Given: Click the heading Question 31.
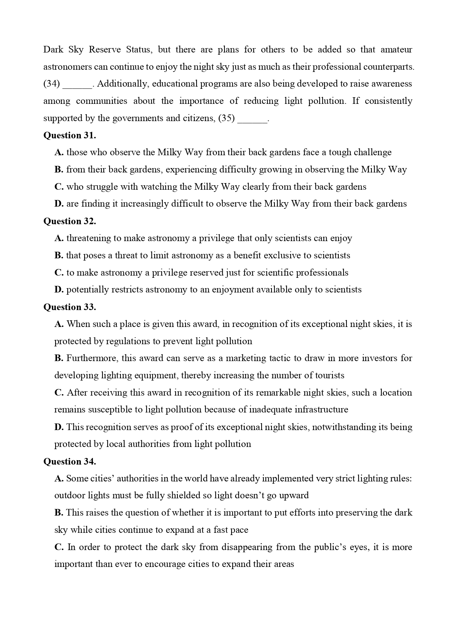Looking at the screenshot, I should click(69, 135).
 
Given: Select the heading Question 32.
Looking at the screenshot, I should click(69, 221).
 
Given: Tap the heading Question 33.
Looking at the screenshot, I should click(69, 307).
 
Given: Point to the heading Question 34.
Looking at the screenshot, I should click(69, 462).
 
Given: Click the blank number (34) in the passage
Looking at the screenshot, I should click(51, 84).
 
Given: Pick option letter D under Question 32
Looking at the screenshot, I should click(59, 290).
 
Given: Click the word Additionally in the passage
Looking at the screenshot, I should click(122, 84).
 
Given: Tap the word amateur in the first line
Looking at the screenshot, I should click(396, 50).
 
